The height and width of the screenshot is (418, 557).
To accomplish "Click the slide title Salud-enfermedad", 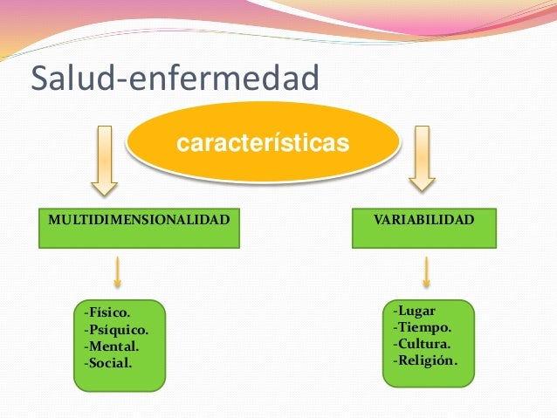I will click(175, 79).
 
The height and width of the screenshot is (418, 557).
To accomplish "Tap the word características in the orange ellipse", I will click(263, 141).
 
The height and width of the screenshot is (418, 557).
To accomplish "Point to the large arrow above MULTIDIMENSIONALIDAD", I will click(105, 161).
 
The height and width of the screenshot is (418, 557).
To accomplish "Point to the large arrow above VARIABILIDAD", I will click(423, 158).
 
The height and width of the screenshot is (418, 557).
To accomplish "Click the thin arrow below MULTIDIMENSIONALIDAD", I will click(117, 271).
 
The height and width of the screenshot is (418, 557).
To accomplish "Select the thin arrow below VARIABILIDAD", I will click(427, 271).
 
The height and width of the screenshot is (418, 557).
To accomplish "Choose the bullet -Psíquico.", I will click(116, 330).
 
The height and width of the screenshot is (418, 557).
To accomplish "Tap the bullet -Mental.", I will click(111, 346).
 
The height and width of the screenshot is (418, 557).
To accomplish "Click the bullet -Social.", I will click(109, 361).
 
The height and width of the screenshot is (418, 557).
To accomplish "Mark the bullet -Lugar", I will click(415, 312).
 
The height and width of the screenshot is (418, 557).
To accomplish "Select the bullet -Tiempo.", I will click(423, 327).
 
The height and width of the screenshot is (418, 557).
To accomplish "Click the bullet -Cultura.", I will click(423, 344).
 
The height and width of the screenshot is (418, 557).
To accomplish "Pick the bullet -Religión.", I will click(426, 360).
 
